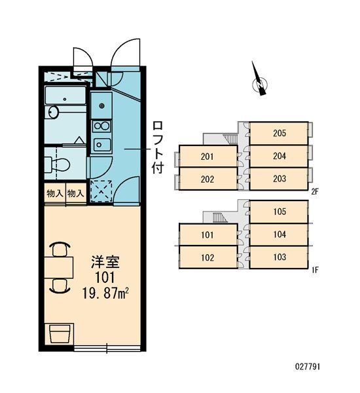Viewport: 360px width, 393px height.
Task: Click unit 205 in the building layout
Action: pos(279,133)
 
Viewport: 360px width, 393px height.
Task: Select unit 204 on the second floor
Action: pos(279,156)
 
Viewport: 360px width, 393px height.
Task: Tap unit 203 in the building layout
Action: pos(279,179)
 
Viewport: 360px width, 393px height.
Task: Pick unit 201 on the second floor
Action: pos(207,156)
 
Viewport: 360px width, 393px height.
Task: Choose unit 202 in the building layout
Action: pos(207,179)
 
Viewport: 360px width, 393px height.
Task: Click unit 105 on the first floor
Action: pos(279,212)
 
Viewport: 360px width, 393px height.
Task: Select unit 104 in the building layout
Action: pos(279,234)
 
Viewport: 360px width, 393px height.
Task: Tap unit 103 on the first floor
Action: pos(279,257)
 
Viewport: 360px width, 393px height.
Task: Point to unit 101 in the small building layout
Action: pos(207,234)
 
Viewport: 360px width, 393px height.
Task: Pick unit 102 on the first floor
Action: pos(207,257)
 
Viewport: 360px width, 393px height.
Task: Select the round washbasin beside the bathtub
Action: pos(54,113)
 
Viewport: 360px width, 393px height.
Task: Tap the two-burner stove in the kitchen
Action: pos(101,124)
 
